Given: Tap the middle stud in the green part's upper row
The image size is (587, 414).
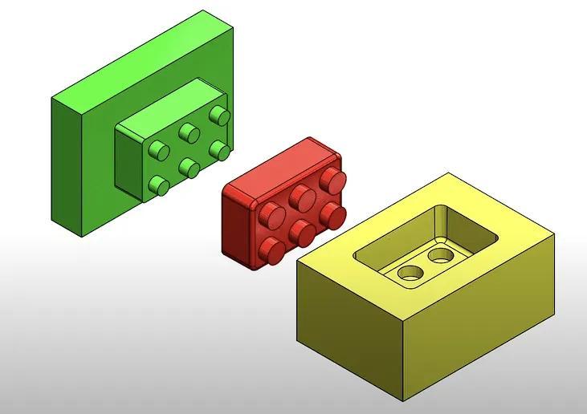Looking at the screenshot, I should tap(189, 132).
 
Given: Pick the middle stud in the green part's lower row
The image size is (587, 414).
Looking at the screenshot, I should tap(189, 167).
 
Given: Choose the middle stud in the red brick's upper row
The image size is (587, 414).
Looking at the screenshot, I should tap(301, 196).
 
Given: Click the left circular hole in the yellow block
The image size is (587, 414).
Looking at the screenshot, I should tap(410, 273).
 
